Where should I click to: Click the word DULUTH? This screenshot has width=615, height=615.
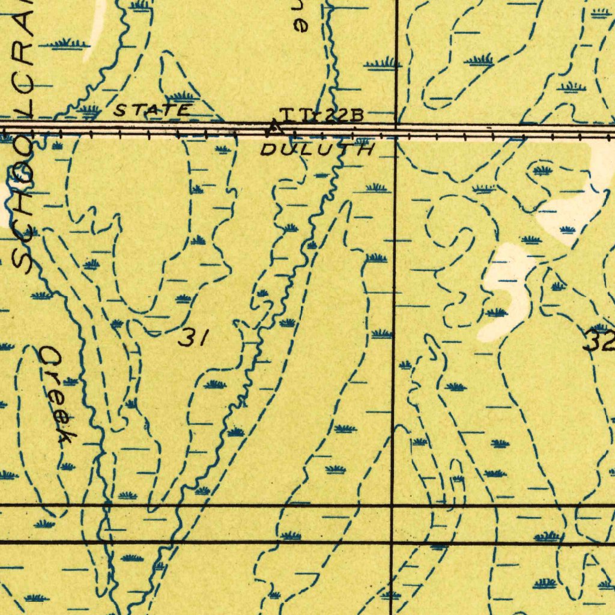317,149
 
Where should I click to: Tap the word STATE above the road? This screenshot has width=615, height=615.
153,111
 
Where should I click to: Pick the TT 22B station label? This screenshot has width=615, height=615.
321,115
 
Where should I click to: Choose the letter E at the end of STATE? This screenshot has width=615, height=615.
183,111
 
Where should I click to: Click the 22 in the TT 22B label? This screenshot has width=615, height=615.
333,115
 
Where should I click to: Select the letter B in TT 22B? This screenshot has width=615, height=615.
356,115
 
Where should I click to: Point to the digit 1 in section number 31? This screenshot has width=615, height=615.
202,339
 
